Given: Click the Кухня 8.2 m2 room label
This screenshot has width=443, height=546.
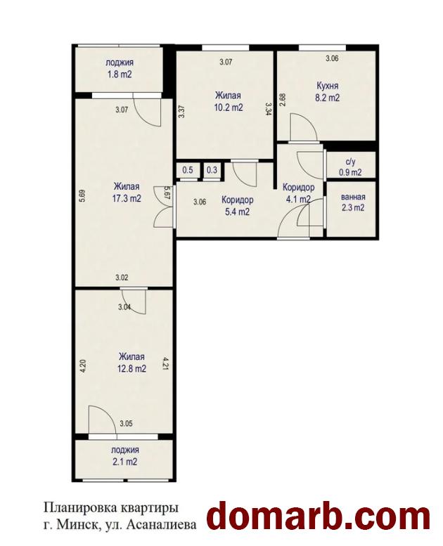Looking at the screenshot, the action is pos(327,91).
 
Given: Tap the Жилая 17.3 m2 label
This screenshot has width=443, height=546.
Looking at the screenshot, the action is pos(127,193).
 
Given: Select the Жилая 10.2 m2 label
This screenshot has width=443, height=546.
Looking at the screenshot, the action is pos(229,101).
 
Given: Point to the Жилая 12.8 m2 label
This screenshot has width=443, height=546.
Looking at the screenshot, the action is pos(131,363).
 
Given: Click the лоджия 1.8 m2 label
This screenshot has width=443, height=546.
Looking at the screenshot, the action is pos(120,69).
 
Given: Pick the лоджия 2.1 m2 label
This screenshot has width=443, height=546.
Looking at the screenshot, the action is pos(124,456).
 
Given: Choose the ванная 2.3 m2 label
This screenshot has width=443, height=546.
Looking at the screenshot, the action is pos(353,202).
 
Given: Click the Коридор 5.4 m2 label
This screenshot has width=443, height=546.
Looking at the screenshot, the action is pos(238,206).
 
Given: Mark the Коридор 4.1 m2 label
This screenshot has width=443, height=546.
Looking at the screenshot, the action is pos(298,193).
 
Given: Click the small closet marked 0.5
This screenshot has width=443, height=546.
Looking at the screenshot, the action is pos(188,170).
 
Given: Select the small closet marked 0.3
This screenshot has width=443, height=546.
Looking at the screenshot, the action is pos(212,170).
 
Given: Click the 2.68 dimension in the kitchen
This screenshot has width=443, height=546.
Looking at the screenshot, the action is pos(283,100).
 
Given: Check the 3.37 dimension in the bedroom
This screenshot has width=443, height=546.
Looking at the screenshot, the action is pos(181,112).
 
